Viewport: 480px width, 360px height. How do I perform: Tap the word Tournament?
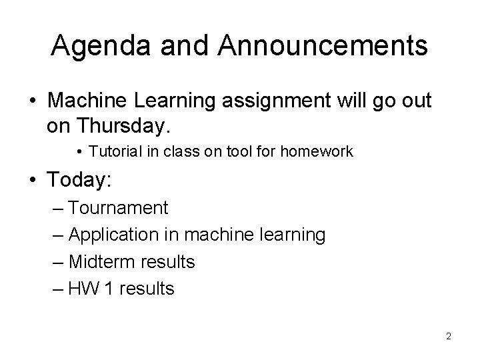point(118,208)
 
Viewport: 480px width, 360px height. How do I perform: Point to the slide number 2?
point(449,336)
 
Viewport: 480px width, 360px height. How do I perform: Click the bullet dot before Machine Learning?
point(33,103)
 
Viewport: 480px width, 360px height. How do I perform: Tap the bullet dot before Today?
point(33,180)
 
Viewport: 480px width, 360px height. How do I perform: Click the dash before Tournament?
point(57,209)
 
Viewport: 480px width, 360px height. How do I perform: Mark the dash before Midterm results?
point(57,262)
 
